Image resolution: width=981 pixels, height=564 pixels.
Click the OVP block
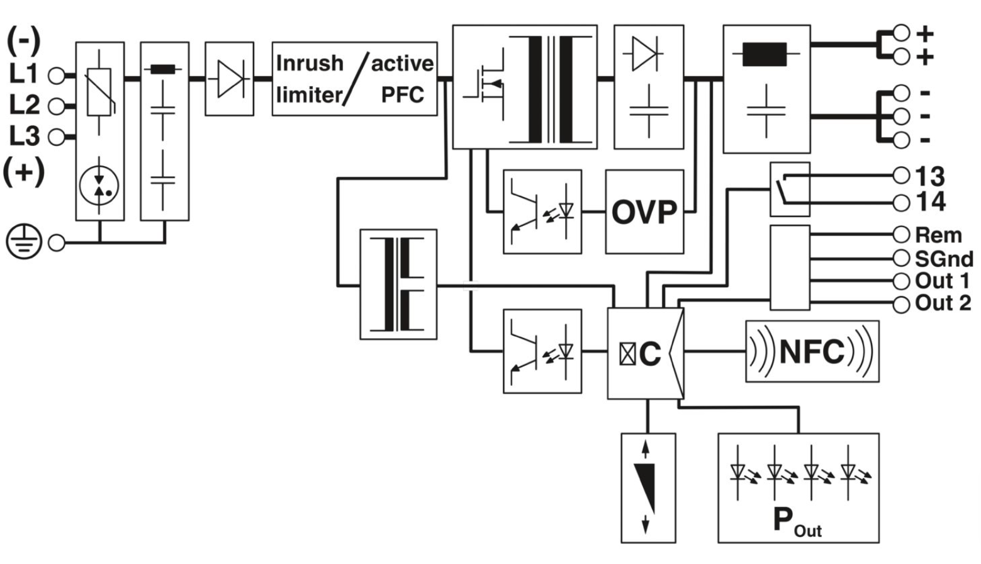tap(644, 212)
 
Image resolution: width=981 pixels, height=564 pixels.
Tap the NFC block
tap(812, 351)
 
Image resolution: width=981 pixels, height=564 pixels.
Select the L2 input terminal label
tap(24, 105)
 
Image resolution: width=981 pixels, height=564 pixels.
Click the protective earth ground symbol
tap(23, 242)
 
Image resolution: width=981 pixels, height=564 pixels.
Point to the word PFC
tap(403, 95)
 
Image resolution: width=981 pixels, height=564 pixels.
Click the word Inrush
tap(310, 64)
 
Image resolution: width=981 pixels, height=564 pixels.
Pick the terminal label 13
tap(930, 176)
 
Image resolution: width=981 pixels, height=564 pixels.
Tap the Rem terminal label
tap(938, 235)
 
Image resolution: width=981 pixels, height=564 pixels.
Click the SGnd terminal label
tap(943, 258)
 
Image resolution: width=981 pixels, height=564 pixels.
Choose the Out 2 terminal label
tap(943, 303)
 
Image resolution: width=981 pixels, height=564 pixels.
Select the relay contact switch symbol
tap(789, 189)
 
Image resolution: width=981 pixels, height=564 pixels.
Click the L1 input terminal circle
tap(57, 76)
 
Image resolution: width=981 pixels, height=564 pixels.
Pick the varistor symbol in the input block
tap(99, 92)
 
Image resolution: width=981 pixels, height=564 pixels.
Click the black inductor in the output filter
tap(765, 54)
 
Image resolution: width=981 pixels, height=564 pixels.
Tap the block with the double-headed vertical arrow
tap(647, 487)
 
